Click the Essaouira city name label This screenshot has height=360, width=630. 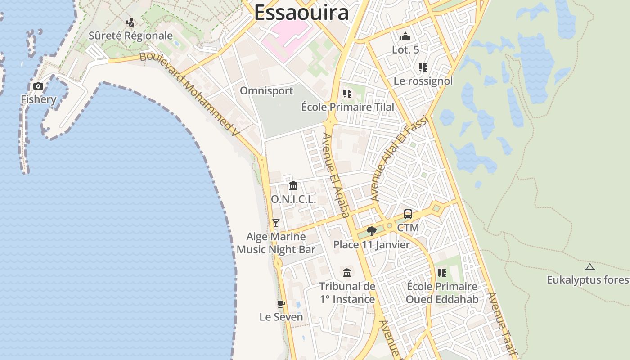point(301,13)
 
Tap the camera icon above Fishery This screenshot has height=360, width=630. point(38,86)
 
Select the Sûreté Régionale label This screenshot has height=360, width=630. point(130,36)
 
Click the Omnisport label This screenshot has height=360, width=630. point(266,91)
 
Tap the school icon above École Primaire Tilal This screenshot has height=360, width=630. point(347,94)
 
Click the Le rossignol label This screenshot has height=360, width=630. point(423,81)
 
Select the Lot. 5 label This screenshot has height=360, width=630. point(405,49)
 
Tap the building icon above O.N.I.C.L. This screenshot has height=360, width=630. point(293,185)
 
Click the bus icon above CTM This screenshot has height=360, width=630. point(408,214)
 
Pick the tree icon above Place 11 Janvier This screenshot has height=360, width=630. point(371,231)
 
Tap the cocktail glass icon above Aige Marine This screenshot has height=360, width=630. point(276,223)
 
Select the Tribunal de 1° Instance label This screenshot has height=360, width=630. point(347,292)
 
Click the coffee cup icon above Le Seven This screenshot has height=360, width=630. point(281,304)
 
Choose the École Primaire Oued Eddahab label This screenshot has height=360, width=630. point(442,292)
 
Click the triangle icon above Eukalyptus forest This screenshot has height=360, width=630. point(589,267)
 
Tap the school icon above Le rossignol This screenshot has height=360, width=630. point(423,67)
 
